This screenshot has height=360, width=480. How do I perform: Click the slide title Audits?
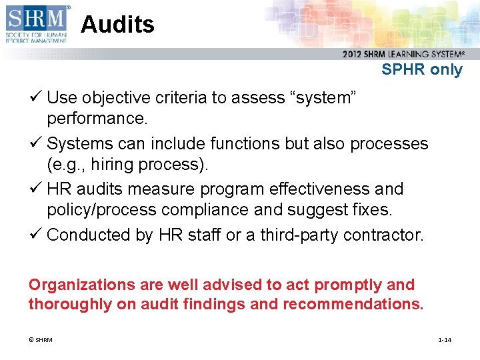coord(117,25)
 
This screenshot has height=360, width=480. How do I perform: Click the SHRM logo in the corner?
coord(36,24)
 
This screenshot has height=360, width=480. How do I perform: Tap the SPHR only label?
coord(421,69)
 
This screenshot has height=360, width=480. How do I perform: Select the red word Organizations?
coord(81,285)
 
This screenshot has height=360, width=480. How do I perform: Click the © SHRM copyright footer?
coord(41,340)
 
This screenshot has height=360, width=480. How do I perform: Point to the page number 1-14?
coord(444,340)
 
